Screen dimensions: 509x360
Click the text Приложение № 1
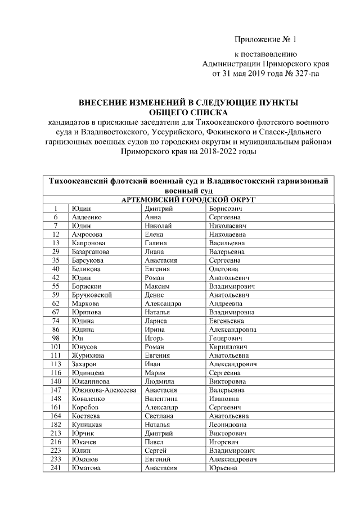pos(264,39)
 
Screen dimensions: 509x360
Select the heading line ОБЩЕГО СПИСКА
pos(187,112)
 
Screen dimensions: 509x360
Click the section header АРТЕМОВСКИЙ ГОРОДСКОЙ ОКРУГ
pos(187,200)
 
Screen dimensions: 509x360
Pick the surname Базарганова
pos(91,251)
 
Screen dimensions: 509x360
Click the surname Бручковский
pos(92,295)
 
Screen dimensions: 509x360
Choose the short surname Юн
pos(76,338)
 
